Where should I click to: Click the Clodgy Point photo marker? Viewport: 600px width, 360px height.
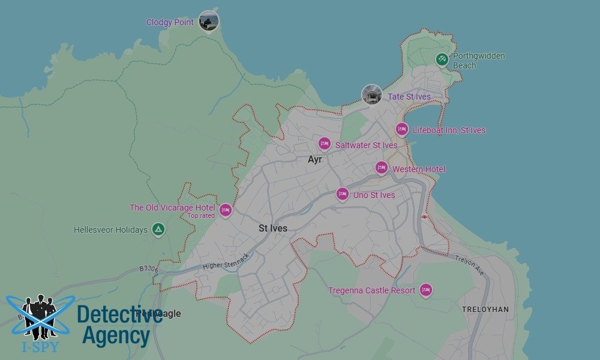[208, 22]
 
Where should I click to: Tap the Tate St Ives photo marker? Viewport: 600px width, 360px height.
[372, 95]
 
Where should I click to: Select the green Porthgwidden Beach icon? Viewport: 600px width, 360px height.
[442, 59]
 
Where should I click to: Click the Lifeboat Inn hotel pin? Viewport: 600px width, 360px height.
[402, 130]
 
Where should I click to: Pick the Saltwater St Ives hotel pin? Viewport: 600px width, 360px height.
[325, 144]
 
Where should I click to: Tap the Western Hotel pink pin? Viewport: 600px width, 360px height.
[382, 168]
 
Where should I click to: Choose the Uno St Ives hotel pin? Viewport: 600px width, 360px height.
[343, 194]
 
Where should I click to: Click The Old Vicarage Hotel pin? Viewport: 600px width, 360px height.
[226, 209]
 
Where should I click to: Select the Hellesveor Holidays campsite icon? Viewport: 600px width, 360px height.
[158, 229]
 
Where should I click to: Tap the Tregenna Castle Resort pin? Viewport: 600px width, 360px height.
[426, 290]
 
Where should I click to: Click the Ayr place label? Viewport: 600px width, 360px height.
[315, 160]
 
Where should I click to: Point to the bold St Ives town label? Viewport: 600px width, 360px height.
[273, 229]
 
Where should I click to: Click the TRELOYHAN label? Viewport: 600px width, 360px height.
[485, 310]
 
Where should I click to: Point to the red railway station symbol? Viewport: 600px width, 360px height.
[425, 217]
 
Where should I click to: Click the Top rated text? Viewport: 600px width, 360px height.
[201, 216]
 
